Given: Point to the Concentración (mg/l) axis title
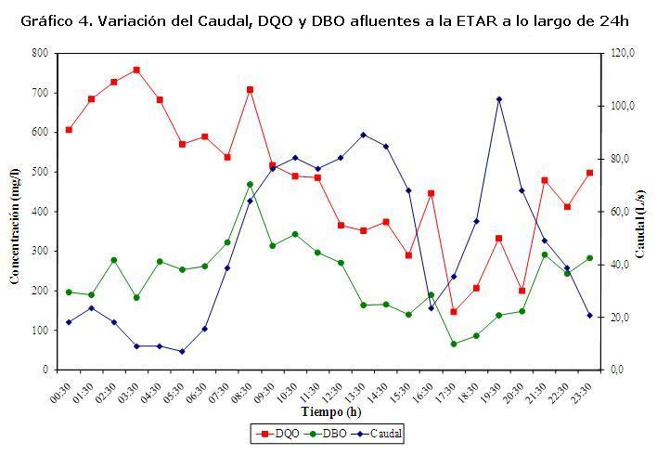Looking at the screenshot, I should [x=16, y=213].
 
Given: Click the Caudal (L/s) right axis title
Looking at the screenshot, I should [x=641, y=213].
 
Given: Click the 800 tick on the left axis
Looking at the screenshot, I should [x=40, y=53].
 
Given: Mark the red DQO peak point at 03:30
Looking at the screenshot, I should [x=136, y=70].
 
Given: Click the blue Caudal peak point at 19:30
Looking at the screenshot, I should [x=499, y=98].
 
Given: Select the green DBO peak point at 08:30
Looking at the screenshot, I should [x=250, y=184].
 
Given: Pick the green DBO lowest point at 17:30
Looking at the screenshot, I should [x=454, y=344].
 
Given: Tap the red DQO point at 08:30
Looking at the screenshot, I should [x=250, y=89].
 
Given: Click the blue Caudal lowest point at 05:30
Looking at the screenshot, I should [x=182, y=351].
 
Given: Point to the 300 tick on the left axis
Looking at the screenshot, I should [x=40, y=251].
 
